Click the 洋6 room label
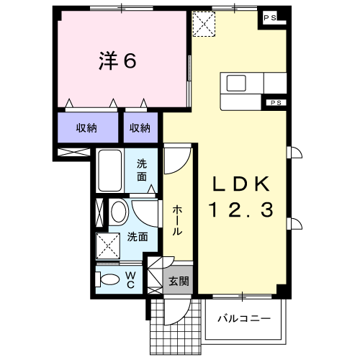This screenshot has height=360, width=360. [x=117, y=60]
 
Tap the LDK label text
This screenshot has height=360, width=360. [x=241, y=184]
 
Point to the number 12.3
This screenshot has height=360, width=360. [x=241, y=210]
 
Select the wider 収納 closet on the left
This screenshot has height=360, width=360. [x=88, y=127]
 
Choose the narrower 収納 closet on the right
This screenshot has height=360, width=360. [x=140, y=127]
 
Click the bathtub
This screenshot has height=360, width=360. [x=110, y=171]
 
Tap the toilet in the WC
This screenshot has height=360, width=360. [x=107, y=279]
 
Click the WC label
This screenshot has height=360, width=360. [x=130, y=279]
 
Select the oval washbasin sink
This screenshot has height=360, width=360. [x=119, y=212]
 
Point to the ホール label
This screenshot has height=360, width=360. [x=178, y=220]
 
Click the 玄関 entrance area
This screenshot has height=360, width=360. [x=178, y=279]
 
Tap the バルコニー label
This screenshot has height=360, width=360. [x=244, y=319]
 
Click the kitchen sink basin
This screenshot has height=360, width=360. [x=236, y=83]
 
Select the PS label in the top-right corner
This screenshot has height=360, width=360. [x=270, y=18]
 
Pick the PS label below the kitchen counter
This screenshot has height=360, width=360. [x=276, y=103]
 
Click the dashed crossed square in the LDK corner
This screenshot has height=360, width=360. [x=204, y=24]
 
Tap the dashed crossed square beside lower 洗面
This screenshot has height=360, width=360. [x=108, y=246]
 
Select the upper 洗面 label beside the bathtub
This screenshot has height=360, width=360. [x=142, y=171]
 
